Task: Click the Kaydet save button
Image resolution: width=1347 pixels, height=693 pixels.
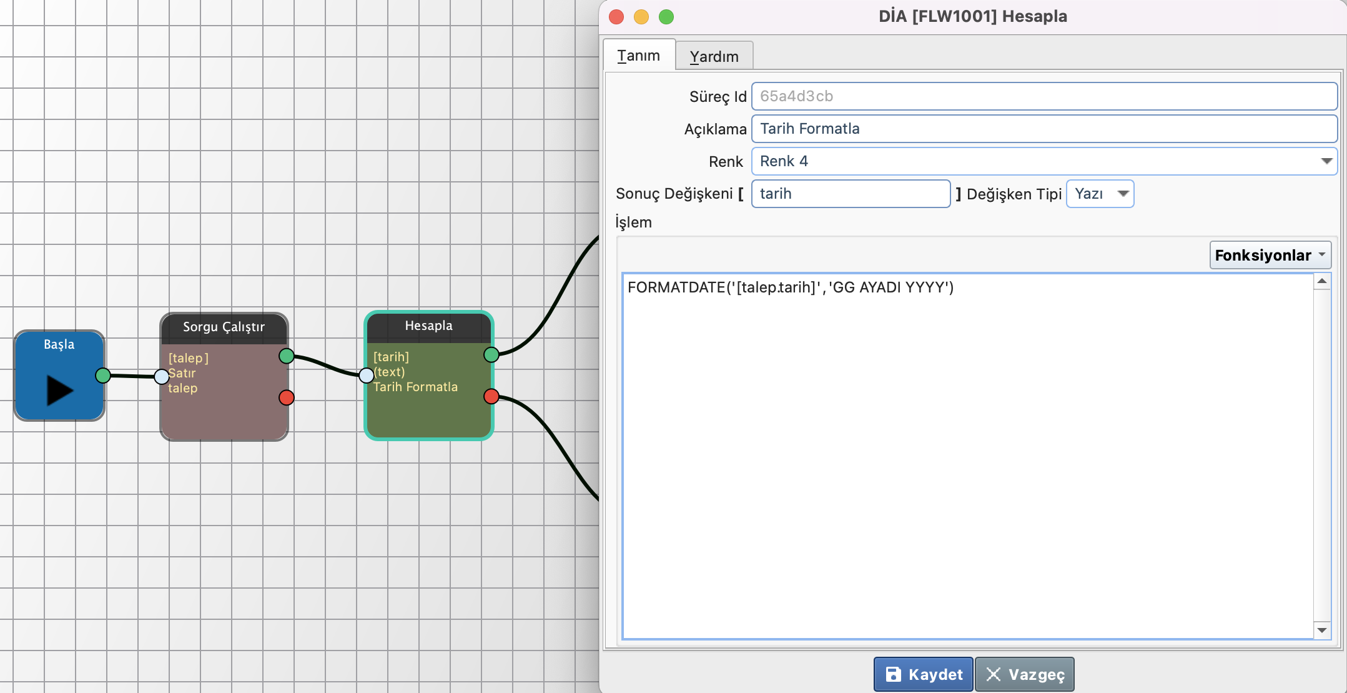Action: coord(923,674)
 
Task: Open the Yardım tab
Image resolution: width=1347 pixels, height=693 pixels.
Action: coord(714,56)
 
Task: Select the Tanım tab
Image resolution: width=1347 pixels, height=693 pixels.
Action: coord(639,55)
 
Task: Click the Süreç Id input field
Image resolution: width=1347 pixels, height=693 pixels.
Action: coord(1044,96)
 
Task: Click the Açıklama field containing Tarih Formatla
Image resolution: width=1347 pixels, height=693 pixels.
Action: coord(1044,129)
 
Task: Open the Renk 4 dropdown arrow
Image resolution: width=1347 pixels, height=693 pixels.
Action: coord(1326,161)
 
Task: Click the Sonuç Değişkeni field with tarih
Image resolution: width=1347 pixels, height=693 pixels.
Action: coord(851,194)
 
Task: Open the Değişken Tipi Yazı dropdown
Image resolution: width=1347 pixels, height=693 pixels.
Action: coord(1100,194)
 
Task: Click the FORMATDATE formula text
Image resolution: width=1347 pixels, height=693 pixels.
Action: coord(791,287)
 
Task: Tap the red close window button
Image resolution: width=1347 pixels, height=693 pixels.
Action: coord(616,17)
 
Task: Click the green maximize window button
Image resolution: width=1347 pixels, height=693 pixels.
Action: coord(666,17)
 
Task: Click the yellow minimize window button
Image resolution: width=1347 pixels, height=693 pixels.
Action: coord(641,17)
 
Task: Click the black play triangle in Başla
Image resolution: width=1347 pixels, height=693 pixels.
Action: coord(59,391)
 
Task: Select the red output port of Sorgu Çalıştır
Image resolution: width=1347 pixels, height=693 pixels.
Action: coord(287,397)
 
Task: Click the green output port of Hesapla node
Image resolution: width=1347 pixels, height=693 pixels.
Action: coord(491,355)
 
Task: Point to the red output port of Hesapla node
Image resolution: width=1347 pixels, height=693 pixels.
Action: coord(491,396)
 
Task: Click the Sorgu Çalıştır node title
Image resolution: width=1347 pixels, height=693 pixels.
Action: coord(224,327)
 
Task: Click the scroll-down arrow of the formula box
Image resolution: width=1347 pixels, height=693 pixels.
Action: coord(1322,630)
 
